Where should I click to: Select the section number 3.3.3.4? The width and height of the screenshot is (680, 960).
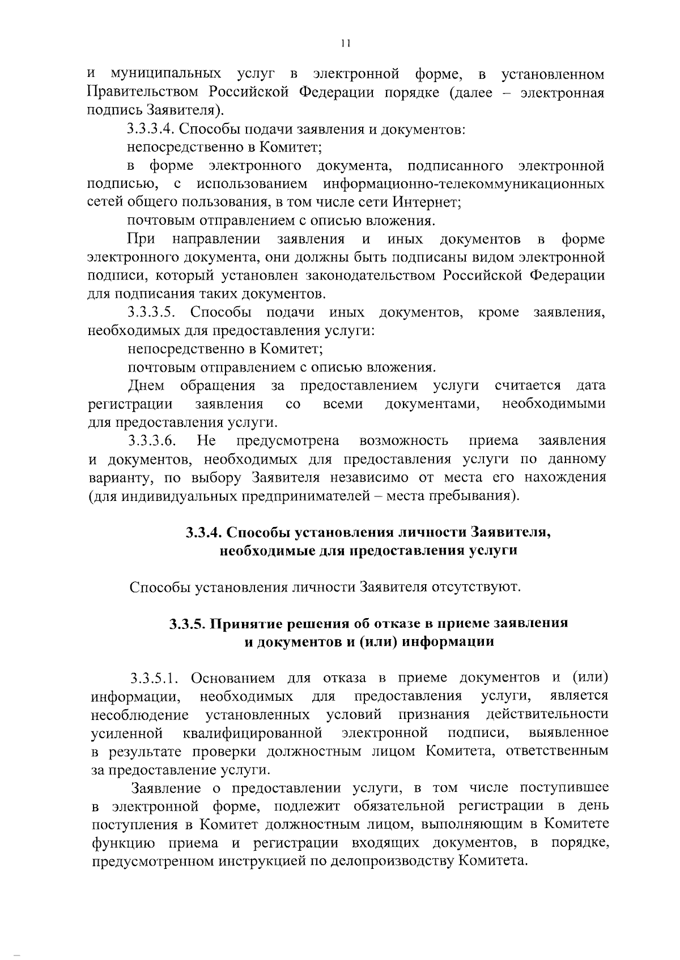pos(150,130)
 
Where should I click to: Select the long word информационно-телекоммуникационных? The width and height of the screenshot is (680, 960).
pos(464,184)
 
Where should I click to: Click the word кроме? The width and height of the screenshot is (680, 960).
pos(499,312)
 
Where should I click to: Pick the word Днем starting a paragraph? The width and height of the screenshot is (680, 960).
pos(146,385)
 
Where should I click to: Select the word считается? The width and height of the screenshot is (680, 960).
pos(528,385)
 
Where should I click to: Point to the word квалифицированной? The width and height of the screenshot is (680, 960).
pos(253,733)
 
